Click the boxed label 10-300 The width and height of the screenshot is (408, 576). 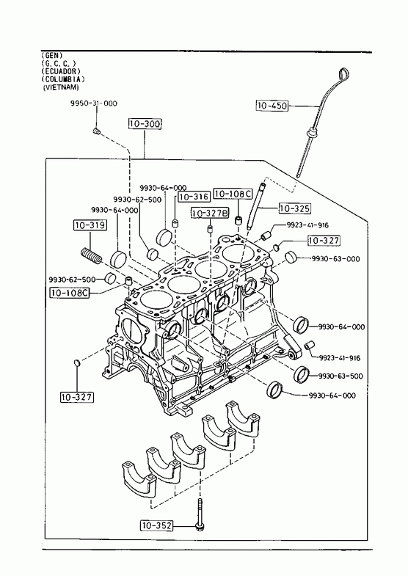145,124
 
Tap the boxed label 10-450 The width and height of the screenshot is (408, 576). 272,106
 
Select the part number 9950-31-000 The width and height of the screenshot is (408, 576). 94,103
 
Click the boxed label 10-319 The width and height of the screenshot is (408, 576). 90,225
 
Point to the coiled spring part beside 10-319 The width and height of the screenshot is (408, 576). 90,255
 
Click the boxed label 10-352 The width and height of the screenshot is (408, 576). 156,525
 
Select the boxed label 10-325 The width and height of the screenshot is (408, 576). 295,208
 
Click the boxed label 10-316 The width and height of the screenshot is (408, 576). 194,197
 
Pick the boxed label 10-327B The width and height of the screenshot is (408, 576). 210,213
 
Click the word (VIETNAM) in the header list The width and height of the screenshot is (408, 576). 61,87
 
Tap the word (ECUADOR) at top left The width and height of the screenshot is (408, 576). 61,71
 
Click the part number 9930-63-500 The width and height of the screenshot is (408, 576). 340,376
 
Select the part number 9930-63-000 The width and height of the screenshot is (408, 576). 336,258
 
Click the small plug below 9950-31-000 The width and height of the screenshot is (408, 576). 97,131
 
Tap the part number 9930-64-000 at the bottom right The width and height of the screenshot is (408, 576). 332,395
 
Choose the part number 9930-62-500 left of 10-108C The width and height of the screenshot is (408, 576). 72,279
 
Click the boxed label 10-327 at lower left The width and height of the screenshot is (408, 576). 77,397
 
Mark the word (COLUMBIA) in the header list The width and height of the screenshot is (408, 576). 63,79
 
